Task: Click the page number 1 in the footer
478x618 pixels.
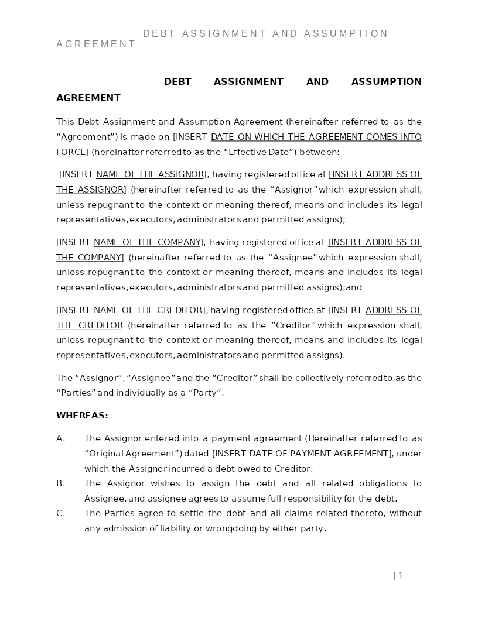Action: (401, 575)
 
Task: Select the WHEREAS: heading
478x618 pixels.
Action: (82, 416)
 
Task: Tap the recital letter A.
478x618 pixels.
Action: (60, 438)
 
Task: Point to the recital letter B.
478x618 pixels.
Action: (60, 483)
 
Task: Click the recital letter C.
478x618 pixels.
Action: (60, 513)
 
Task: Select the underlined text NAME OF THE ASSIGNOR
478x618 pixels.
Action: (150, 174)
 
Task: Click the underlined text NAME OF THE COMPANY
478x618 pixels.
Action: (148, 242)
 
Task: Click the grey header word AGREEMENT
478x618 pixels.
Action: (96, 44)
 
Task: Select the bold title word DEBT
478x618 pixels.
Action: (177, 81)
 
